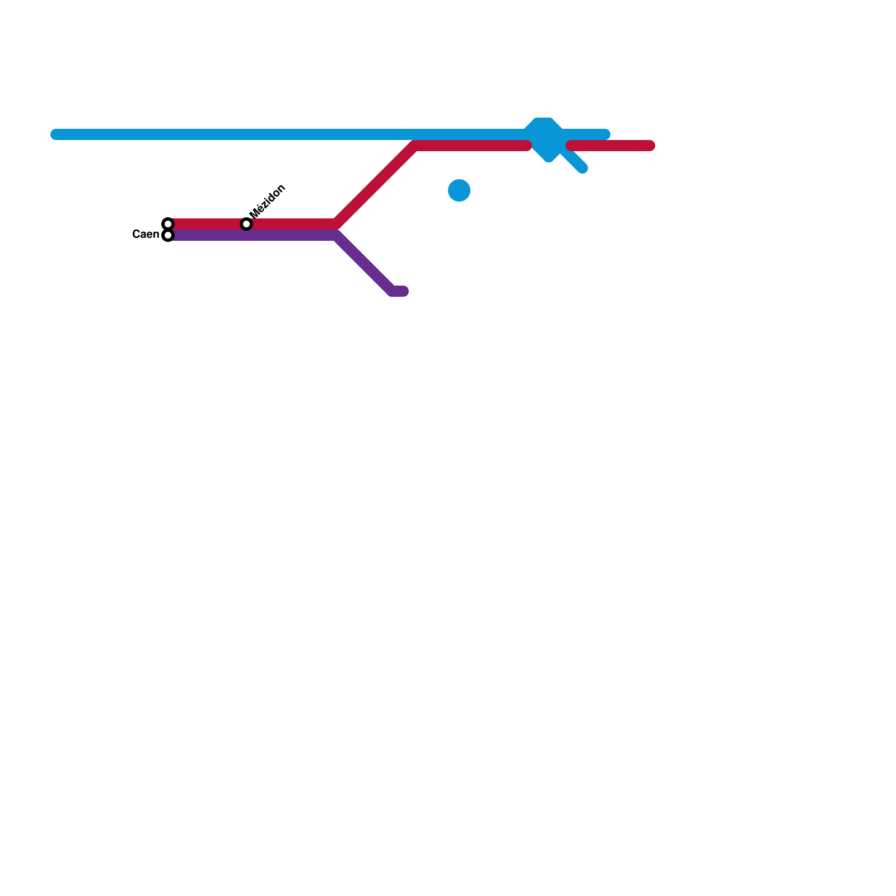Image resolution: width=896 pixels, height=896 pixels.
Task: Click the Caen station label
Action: [146, 234]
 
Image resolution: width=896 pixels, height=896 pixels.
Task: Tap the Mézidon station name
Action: [268, 201]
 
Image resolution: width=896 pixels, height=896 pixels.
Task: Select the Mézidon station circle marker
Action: [246, 224]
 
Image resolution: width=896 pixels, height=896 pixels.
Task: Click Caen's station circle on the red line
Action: [168, 224]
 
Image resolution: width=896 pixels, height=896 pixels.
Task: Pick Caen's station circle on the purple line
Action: [168, 235]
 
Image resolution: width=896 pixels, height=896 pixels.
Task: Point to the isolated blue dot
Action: [459, 190]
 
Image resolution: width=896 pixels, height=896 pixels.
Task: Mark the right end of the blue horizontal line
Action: [605, 134]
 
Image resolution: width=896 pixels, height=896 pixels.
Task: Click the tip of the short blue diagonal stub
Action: [583, 169]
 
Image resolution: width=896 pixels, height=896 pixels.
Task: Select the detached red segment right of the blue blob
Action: [610, 146]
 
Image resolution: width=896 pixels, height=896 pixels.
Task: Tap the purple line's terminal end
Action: [404, 291]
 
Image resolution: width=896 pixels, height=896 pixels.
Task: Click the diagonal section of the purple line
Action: [364, 263]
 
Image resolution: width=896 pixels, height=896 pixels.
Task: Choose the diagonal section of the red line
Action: [375, 185]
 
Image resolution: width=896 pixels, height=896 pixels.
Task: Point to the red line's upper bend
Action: [416, 146]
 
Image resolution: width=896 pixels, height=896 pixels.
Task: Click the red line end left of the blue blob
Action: [526, 146]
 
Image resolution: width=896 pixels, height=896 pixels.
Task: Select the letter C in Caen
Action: [136, 234]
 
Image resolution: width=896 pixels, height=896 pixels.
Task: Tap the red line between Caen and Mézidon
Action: [207, 224]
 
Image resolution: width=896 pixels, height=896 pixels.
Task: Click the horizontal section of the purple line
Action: [252, 235]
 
